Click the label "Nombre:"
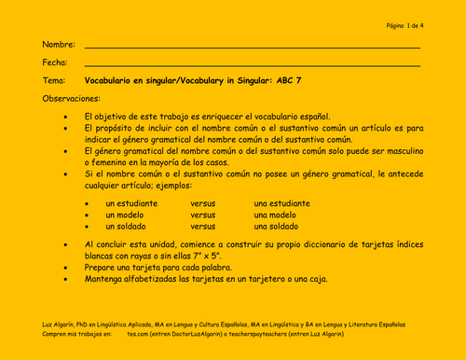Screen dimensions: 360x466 coord(59,45)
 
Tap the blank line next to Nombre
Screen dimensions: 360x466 coord(252,47)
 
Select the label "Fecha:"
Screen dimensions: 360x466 coord(56,62)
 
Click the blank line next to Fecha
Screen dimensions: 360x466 coord(252,65)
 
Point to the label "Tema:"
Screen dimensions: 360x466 coord(55,81)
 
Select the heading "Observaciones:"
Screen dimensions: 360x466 coord(71,99)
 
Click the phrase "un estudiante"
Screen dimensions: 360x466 coord(131,203)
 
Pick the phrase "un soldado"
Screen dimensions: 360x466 coord(127,227)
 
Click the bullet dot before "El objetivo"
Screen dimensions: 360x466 coord(64,118)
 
